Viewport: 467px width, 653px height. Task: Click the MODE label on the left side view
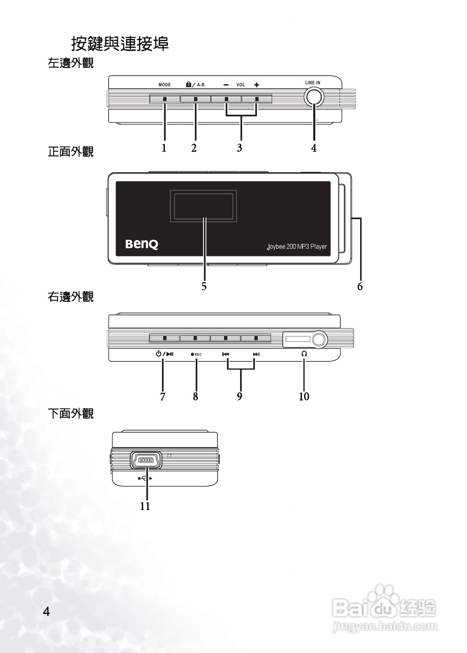164,85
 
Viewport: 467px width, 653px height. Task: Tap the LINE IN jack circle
314,98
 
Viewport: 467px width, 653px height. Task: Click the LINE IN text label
313,83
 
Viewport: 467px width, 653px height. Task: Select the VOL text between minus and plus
240,85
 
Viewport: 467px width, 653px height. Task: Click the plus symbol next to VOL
257,85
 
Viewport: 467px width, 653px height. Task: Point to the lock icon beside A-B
188,85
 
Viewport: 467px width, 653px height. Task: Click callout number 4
314,148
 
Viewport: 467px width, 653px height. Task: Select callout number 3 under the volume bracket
239,148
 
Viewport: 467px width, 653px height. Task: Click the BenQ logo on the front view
141,244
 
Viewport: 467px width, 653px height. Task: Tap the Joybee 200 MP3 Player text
297,247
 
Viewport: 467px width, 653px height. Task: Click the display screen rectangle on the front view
203,206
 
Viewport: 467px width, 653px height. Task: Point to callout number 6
360,287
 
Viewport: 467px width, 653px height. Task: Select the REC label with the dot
196,354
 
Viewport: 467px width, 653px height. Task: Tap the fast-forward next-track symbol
256,354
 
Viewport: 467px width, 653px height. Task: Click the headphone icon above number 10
304,354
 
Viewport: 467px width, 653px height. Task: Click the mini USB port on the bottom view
146,460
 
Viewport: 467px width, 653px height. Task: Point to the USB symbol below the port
145,478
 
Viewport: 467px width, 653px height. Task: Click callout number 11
145,506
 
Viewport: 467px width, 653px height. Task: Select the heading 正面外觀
71,152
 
